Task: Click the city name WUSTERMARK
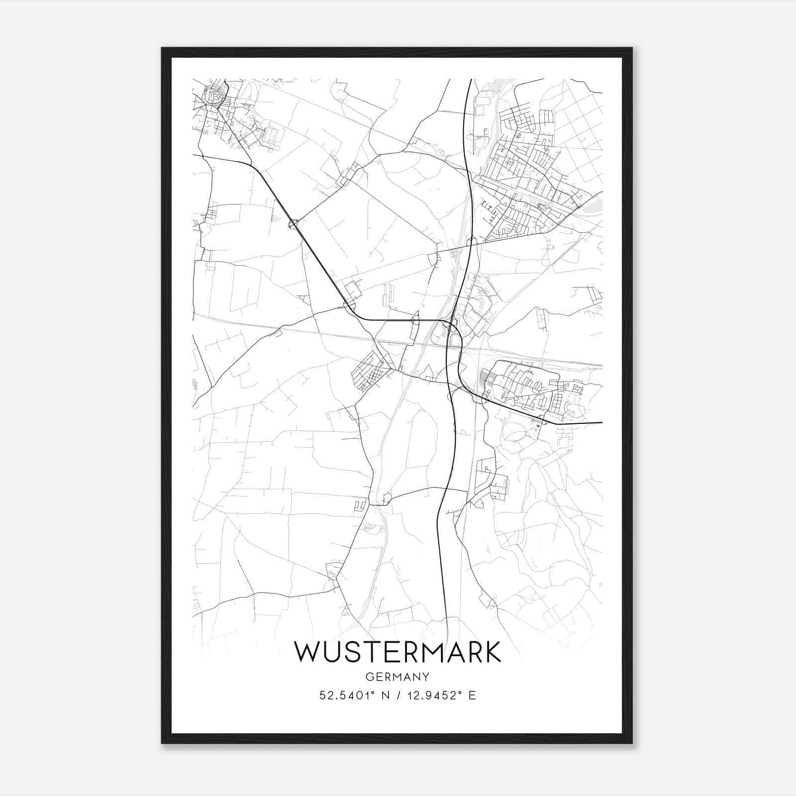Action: click(398, 652)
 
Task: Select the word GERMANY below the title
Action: click(398, 677)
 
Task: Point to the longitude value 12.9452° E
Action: click(441, 695)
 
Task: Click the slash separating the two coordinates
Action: click(398, 695)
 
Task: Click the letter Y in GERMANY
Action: click(425, 677)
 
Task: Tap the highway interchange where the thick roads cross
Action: click(452, 324)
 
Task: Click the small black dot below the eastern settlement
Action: click(539, 426)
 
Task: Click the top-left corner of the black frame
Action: click(162, 48)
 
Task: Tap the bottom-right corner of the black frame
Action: click(632, 743)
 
